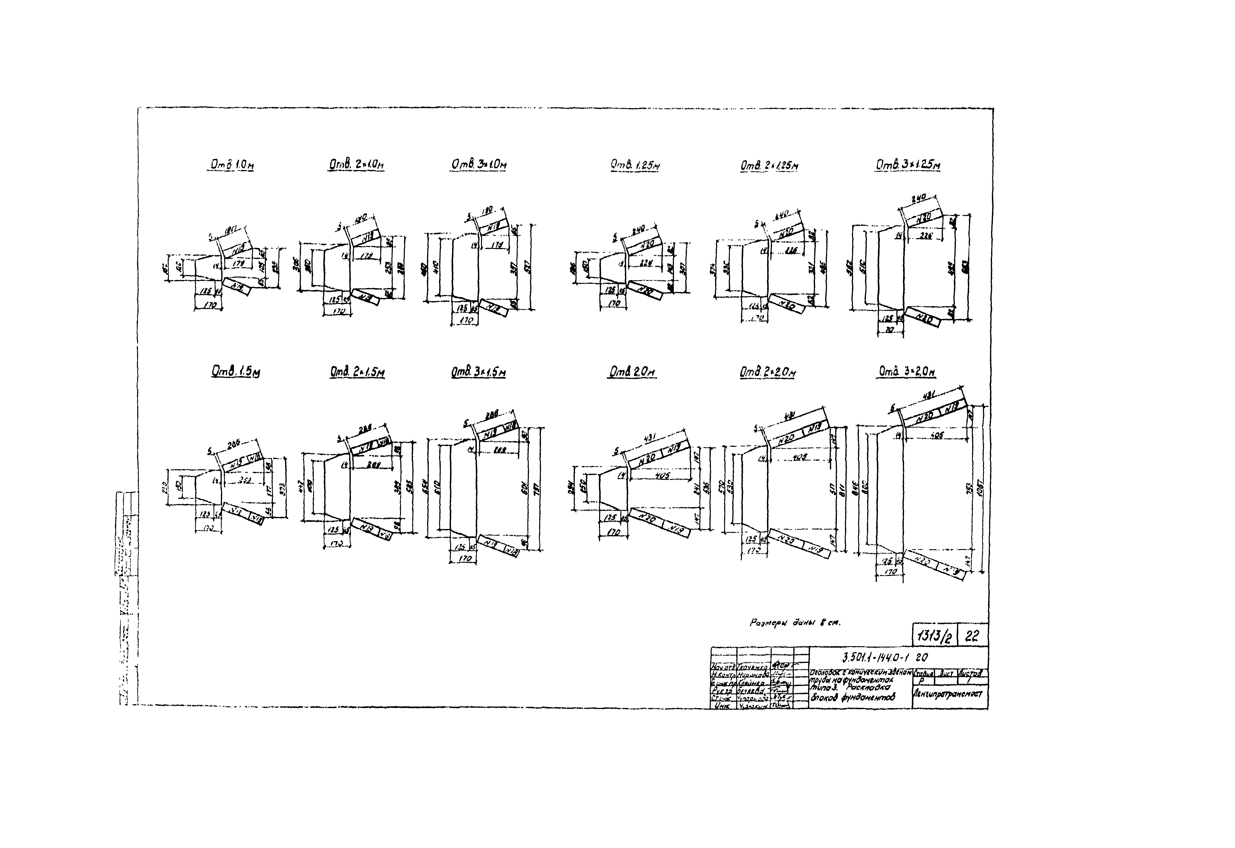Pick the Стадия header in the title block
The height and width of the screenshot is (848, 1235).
pyautogui.click(x=921, y=673)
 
